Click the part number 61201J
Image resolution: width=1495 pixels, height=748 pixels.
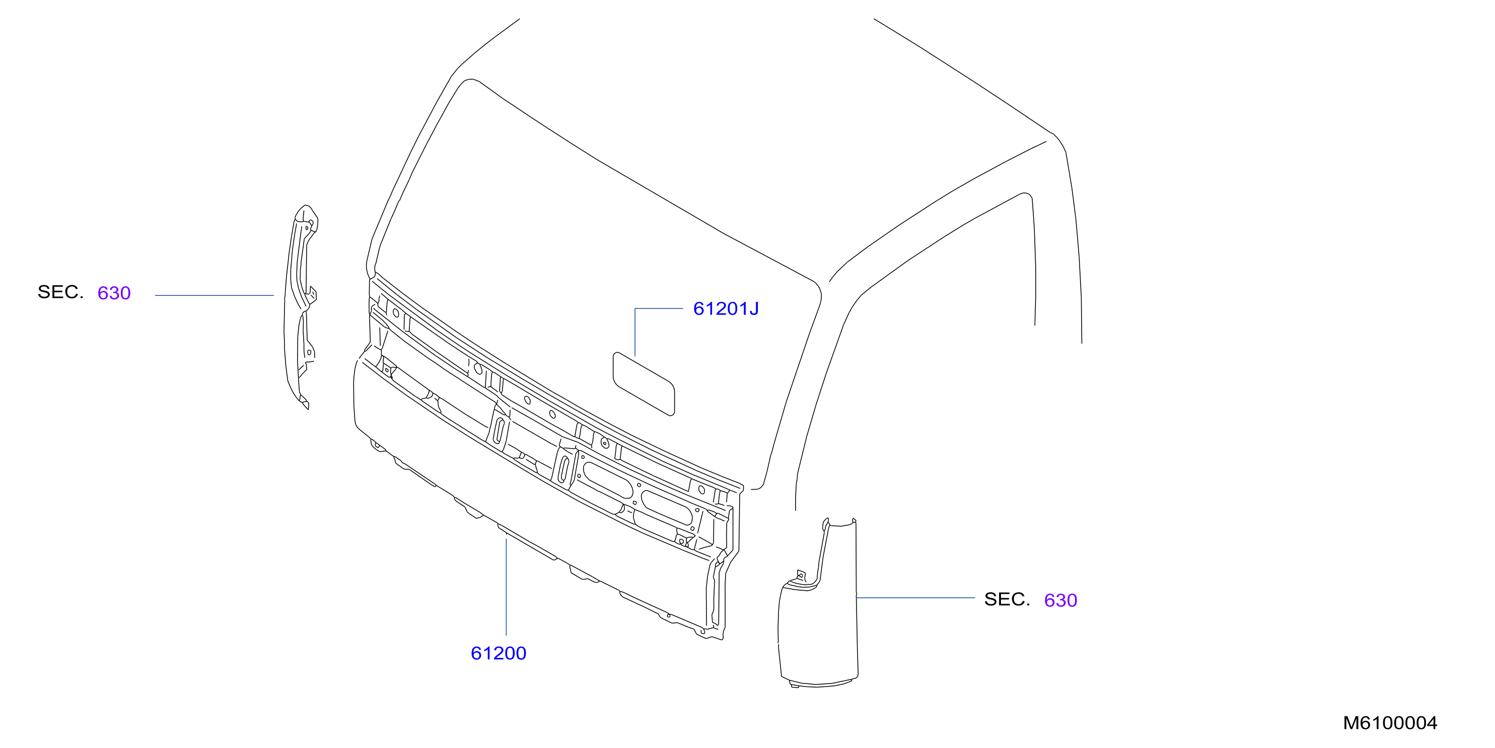[726, 308]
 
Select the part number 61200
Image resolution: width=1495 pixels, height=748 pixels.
[499, 653]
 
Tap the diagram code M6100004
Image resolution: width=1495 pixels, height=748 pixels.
[1390, 723]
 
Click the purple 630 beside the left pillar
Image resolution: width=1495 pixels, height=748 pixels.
[114, 293]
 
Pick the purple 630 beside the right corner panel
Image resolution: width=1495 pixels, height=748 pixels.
[1060, 600]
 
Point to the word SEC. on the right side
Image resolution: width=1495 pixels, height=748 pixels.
[1007, 599]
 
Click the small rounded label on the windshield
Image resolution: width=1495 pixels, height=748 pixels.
[644, 384]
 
